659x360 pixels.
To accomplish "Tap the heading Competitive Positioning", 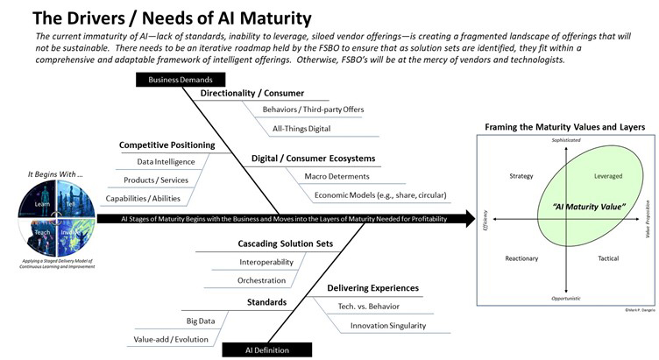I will (162, 145).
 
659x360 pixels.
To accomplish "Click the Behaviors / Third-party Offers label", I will (313, 109).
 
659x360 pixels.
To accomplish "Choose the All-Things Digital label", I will (296, 128).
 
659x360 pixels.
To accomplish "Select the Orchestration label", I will (262, 280).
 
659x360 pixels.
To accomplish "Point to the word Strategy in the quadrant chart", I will (521, 176).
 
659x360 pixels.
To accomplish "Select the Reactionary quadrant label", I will (521, 258).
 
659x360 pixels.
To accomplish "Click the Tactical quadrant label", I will (608, 258).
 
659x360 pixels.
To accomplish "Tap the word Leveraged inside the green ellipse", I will (608, 176).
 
